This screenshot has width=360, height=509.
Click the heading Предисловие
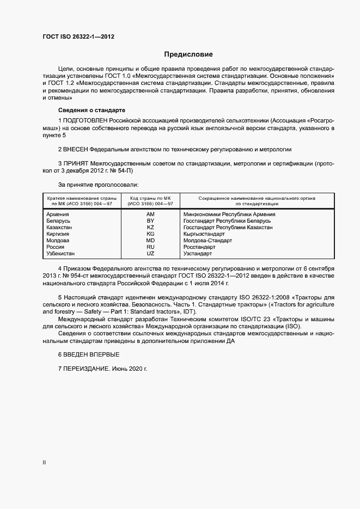point(188,54)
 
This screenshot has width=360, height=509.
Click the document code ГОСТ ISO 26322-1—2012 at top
point(78,37)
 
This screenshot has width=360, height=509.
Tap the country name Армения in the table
point(58,214)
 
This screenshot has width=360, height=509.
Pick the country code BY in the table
point(151,221)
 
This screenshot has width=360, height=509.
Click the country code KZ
point(151,228)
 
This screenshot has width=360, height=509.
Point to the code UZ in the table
point(151,254)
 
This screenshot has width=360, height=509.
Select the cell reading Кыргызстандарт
point(204,234)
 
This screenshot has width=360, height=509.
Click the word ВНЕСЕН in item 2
point(76,149)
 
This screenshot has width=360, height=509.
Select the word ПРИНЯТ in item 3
point(76,163)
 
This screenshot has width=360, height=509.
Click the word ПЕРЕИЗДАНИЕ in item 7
point(87,369)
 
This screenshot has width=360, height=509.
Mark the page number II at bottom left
point(44,462)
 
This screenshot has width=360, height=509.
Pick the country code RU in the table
point(151,247)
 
